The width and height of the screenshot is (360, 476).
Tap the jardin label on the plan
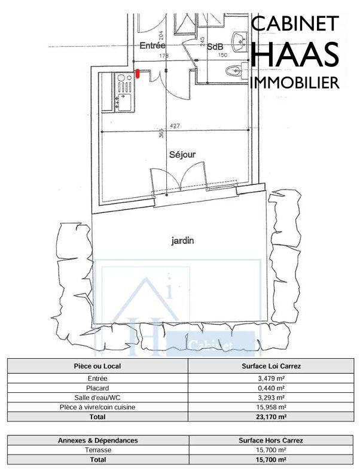(x=183, y=241)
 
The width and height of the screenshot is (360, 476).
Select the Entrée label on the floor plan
(x=152, y=45)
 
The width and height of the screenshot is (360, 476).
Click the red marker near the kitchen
(x=138, y=74)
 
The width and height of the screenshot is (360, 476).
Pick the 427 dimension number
(x=175, y=126)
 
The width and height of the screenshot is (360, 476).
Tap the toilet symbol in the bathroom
(x=235, y=71)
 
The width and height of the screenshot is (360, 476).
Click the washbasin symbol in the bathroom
(x=240, y=40)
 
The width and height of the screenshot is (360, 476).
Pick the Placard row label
(x=98, y=388)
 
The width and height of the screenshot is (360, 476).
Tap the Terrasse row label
(x=98, y=450)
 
